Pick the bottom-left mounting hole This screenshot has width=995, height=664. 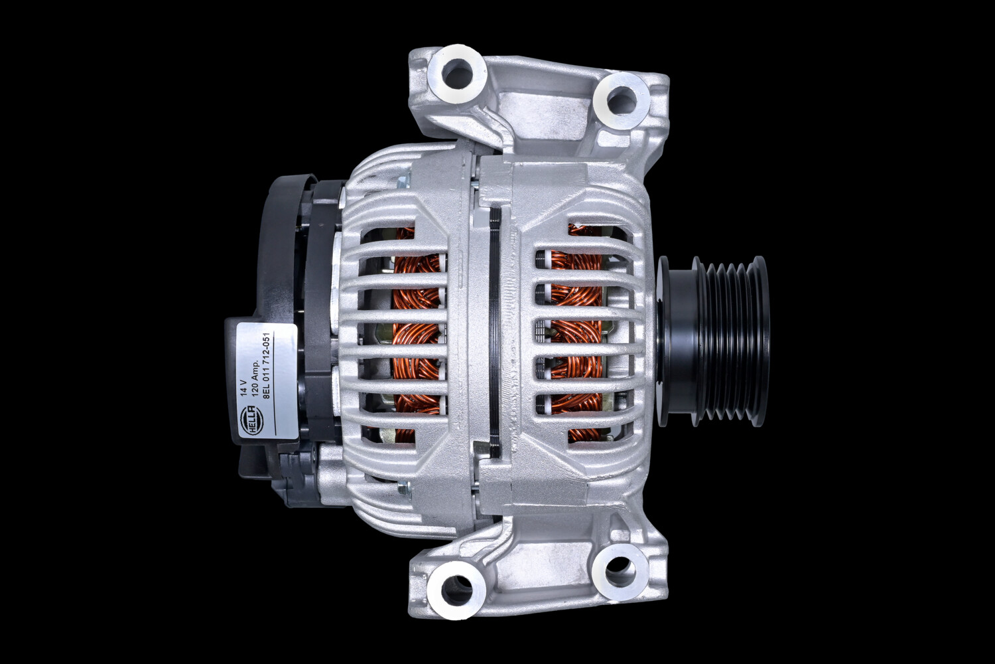point(456,587)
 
